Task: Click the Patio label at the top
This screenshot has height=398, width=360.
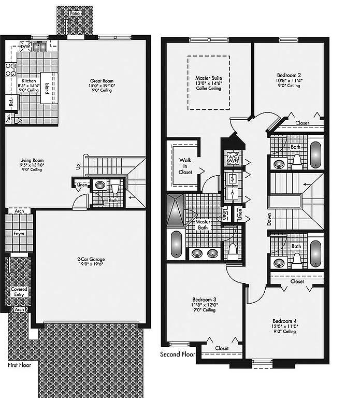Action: point(75,13)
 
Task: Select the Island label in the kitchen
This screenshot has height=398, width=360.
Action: point(47,88)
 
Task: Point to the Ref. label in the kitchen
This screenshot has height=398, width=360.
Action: point(11,102)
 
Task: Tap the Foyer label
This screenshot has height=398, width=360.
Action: point(19,233)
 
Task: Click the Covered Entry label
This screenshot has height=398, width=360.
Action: point(19,292)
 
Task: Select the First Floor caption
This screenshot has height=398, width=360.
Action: point(20,365)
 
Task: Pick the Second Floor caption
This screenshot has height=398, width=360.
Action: point(177,354)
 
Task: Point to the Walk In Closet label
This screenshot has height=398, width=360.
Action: point(185,166)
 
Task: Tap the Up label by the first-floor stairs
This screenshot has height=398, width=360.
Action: point(79,167)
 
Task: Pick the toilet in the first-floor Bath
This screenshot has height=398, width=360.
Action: point(115,188)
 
